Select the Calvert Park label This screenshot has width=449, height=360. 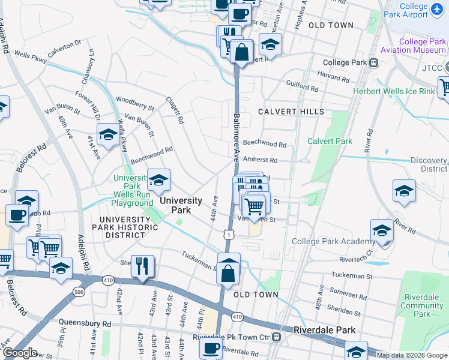(x=330, y=141)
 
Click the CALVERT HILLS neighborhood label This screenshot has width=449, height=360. (x=291, y=112)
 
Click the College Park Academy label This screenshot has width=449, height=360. (x=333, y=241)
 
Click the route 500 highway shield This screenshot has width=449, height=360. (x=79, y=292)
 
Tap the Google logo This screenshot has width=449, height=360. (x=20, y=353)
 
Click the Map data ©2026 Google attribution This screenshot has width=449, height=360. (x=412, y=355)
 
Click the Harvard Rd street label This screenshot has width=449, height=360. (x=333, y=77)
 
